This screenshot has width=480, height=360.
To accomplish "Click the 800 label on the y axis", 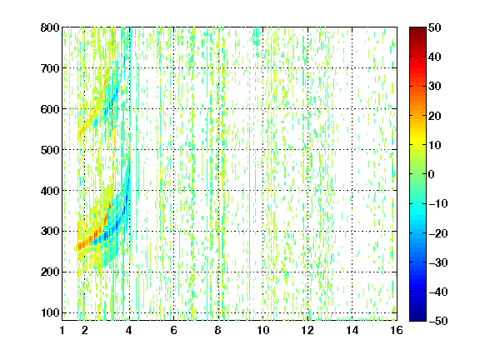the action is tap(50, 27).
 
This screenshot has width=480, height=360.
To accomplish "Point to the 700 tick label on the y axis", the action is tap(50, 68).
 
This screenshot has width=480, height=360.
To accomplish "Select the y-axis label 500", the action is tap(50, 150).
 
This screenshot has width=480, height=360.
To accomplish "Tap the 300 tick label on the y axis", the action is tap(50, 232).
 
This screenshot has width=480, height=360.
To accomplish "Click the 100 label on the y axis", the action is tap(50, 312).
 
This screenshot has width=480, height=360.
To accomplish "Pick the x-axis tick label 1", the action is tap(62, 330).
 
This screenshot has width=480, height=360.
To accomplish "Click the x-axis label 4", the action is tap(129, 330).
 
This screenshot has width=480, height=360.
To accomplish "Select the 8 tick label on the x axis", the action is tap(218, 330).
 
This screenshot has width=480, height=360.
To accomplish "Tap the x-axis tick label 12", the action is tap(307, 330).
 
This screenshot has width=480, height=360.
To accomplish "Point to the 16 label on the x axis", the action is tap(397, 330).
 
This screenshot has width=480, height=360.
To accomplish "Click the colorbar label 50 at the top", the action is tap(435, 27).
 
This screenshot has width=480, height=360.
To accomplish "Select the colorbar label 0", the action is tap(432, 174).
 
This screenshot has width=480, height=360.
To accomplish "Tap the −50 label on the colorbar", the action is tap(437, 321).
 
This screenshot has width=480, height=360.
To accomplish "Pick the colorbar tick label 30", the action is tap(435, 87).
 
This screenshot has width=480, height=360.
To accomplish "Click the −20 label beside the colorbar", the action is tap(437, 233).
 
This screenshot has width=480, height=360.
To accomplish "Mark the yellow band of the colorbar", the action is tap(417, 139).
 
